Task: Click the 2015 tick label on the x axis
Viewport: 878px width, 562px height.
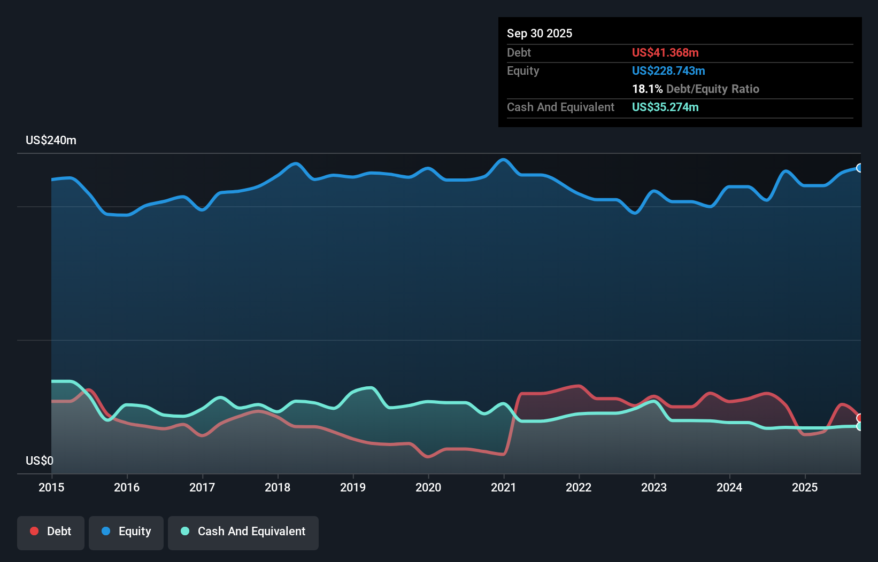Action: click(x=51, y=487)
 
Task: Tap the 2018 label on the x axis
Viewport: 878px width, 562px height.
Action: click(x=278, y=487)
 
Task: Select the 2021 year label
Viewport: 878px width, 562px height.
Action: click(x=504, y=487)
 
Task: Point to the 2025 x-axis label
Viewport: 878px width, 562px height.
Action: click(x=805, y=487)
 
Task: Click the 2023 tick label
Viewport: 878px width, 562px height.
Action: click(x=654, y=487)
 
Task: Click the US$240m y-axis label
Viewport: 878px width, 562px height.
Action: click(x=51, y=140)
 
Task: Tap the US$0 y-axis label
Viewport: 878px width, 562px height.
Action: click(x=40, y=460)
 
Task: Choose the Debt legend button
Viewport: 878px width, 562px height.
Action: click(x=51, y=532)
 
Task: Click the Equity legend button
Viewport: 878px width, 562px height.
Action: click(x=126, y=532)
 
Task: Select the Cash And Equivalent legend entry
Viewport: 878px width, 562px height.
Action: click(x=243, y=532)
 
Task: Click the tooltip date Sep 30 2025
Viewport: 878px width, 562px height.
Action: click(x=540, y=34)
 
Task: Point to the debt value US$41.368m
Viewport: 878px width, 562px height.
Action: click(x=665, y=53)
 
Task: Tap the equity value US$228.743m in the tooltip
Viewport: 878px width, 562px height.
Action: click(x=668, y=71)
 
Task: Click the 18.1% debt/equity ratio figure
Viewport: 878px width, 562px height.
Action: click(x=647, y=89)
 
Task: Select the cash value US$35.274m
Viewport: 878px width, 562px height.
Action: click(x=665, y=107)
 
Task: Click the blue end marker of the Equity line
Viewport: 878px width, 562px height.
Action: click(x=859, y=168)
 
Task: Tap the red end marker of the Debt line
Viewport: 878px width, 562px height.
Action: click(x=859, y=418)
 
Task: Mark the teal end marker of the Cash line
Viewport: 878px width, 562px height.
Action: click(x=859, y=426)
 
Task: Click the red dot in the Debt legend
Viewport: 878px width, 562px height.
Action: click(x=34, y=531)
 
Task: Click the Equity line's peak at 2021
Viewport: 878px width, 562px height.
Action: click(x=503, y=159)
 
